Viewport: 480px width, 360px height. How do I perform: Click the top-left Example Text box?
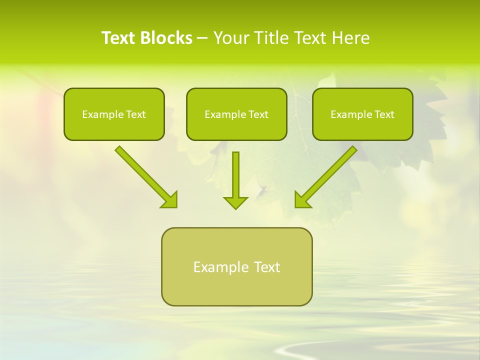(x=114, y=114)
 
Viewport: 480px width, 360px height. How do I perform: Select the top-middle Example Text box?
(x=236, y=114)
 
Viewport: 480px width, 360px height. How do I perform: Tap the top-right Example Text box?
(x=362, y=114)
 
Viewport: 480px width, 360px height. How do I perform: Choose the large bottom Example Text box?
(x=236, y=267)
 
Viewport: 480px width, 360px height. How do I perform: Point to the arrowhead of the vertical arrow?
(x=235, y=202)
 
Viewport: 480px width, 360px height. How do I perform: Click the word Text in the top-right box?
(x=384, y=114)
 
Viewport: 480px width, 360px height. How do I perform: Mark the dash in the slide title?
(x=202, y=38)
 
